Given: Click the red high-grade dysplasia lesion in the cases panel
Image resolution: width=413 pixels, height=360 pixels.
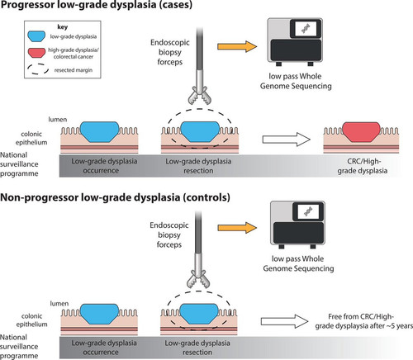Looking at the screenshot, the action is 361,132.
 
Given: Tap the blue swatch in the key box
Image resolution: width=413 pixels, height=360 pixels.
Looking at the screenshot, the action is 36,36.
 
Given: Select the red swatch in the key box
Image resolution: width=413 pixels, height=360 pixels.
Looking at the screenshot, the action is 36,53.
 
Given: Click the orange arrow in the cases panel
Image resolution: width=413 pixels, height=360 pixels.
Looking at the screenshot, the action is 237,46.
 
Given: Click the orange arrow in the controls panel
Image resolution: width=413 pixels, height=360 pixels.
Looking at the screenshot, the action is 237,228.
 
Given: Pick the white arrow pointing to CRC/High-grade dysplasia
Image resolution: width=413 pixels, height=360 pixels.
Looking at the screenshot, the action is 287,140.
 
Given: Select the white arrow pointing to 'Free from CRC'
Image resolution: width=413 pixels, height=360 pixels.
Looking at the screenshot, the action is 285,321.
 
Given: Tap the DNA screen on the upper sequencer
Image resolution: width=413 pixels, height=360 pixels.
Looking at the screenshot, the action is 306,28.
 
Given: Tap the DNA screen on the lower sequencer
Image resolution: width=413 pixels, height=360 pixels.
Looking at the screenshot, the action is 308,211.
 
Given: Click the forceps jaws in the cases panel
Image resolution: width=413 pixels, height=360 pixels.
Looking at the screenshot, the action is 200,97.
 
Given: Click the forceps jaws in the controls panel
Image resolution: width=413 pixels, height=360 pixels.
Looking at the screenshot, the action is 198,279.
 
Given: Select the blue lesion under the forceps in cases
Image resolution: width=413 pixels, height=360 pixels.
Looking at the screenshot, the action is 200,132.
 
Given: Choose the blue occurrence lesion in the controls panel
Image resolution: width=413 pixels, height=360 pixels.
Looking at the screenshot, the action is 99,314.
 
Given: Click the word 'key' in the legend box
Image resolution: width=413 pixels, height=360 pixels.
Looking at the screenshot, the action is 63,27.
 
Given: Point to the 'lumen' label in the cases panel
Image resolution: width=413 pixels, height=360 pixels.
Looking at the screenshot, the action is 58,120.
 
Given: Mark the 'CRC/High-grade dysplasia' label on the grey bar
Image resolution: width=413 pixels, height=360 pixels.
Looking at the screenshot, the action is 363,166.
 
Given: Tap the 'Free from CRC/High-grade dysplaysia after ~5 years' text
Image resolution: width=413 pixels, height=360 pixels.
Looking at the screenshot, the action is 364,321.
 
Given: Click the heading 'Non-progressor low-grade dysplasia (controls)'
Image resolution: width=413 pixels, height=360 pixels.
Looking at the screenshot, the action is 115,197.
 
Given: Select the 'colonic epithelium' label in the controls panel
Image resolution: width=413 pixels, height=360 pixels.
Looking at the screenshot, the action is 31,320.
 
